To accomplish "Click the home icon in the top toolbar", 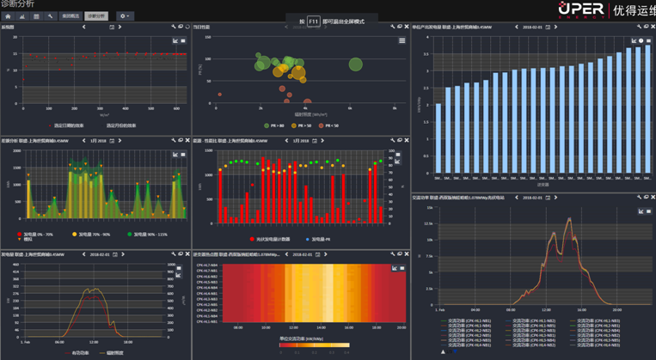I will coord(8,15).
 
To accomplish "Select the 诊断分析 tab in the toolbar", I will coord(96,15).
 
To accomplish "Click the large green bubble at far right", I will coord(355,64).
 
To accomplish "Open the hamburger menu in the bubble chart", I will coord(402,40).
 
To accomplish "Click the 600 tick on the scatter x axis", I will coord(175,109).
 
